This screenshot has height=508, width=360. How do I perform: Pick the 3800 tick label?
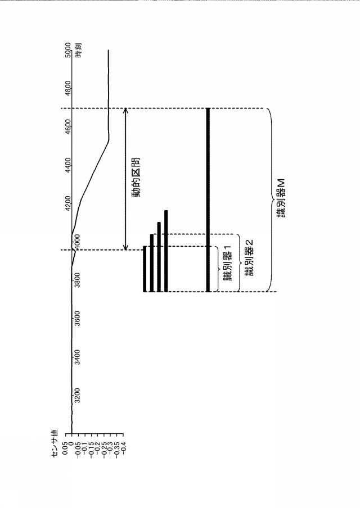(77, 280)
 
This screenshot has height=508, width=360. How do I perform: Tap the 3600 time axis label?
(77, 318)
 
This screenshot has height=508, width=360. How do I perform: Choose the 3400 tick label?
(77, 357)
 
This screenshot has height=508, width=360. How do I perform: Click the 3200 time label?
(77, 395)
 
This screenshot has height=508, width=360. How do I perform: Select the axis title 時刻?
(78, 50)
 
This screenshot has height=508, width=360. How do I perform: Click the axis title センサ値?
(54, 443)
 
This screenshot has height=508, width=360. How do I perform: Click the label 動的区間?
(136, 178)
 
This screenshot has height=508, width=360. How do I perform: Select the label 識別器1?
(228, 263)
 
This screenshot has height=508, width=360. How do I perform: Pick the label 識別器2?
(249, 257)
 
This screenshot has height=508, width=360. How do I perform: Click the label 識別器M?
(281, 197)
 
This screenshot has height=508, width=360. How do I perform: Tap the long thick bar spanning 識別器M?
(208, 199)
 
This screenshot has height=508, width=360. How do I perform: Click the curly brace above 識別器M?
(269, 199)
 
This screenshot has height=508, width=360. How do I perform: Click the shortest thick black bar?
(145, 269)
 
